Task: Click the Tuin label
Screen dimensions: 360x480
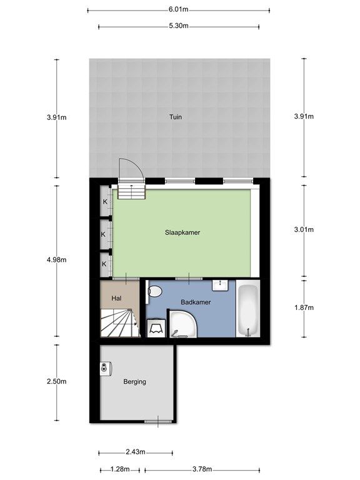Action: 176,117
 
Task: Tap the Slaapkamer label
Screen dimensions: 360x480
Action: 182,232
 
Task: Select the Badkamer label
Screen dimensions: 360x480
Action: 196,302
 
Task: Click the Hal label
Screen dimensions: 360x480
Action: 117,298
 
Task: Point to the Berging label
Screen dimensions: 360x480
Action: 135,382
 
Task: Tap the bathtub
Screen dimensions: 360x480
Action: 247,309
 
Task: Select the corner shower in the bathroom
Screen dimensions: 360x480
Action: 183,324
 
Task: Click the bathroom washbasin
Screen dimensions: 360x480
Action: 221,285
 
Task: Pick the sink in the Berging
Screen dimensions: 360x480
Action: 106,367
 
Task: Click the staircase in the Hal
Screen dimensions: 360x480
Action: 119,322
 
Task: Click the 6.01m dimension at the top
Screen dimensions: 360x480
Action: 179,9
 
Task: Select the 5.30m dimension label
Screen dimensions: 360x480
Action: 179,26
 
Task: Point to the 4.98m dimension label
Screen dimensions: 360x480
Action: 57,260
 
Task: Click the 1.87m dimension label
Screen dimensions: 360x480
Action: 304,307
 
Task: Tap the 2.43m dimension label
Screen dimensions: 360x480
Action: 136,452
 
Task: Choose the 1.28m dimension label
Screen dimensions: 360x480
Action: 120,469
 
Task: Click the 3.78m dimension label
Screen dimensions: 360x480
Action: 202,469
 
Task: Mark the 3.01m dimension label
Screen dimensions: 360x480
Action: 304,229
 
